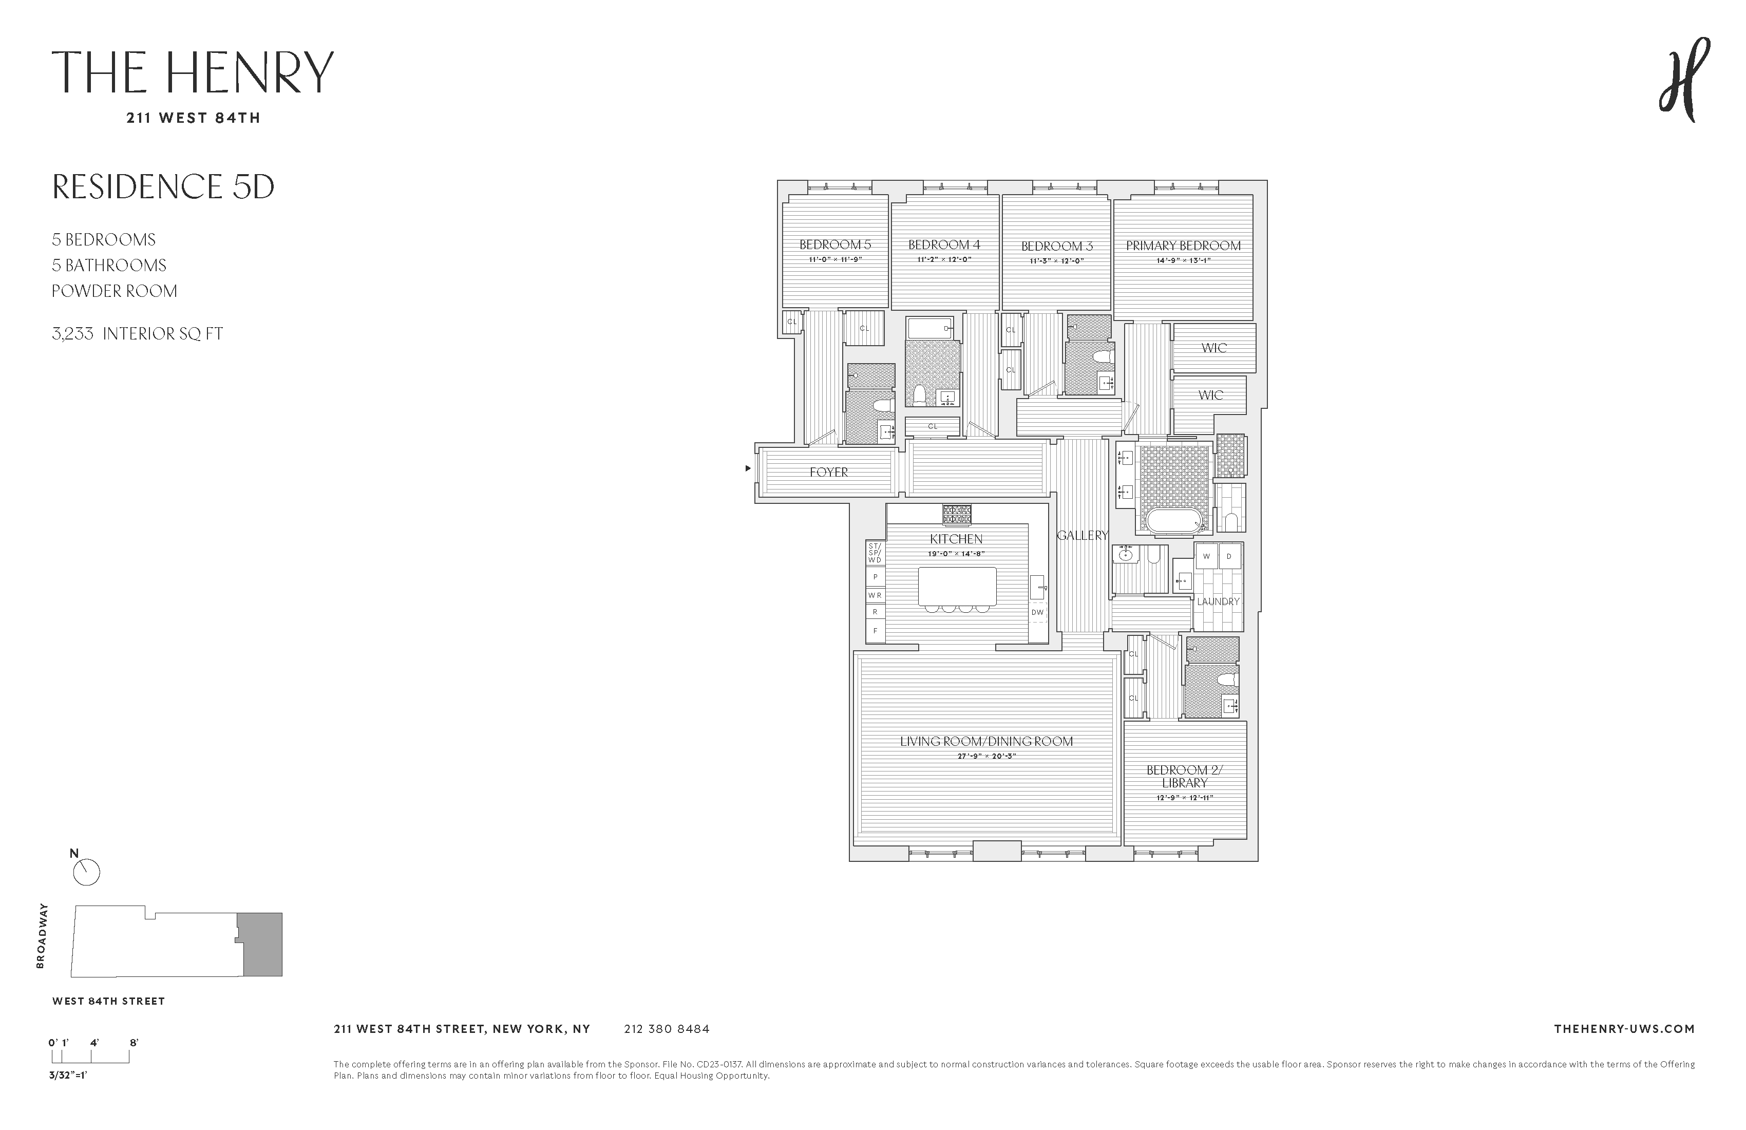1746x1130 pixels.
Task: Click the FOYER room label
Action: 828,473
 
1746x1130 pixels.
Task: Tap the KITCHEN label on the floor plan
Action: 956,539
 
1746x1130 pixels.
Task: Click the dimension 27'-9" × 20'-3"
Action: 986,756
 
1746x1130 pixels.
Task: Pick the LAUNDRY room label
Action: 1218,601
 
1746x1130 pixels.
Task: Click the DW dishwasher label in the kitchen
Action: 1037,612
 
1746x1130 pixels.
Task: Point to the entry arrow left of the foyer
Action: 748,468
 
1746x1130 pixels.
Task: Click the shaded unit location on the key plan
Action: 262,945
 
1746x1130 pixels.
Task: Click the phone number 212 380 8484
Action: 667,1029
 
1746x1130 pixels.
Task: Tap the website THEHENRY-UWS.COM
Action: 1624,1029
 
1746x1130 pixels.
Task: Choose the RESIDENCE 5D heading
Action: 163,186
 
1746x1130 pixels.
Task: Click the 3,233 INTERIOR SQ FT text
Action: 137,334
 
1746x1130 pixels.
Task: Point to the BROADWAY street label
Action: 41,935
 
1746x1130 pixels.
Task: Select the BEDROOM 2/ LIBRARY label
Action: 1185,776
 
